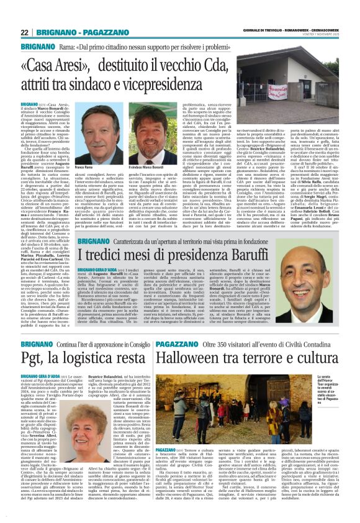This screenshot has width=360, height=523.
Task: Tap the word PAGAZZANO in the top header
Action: tap(100, 33)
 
